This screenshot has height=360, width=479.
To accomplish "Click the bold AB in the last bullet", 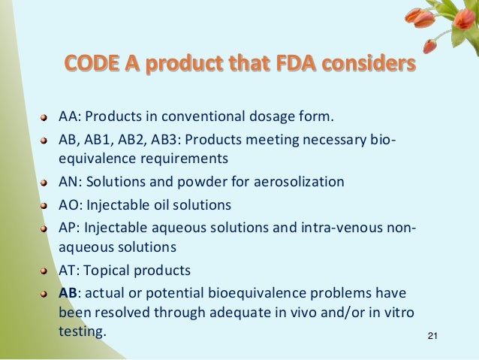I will click(68, 292).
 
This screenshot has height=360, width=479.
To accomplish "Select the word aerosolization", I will click(302, 183).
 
